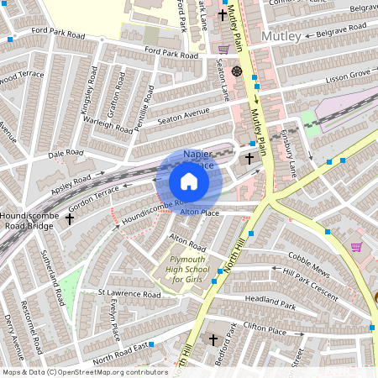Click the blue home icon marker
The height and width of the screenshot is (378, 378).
point(189,181)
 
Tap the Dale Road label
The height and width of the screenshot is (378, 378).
point(67,154)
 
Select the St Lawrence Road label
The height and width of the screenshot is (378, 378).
point(129,295)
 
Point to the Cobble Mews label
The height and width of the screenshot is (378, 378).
point(306,258)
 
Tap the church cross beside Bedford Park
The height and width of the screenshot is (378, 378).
point(213,340)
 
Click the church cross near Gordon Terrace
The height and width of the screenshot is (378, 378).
point(70,218)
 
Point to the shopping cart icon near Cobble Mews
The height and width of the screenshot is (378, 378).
point(356,247)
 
